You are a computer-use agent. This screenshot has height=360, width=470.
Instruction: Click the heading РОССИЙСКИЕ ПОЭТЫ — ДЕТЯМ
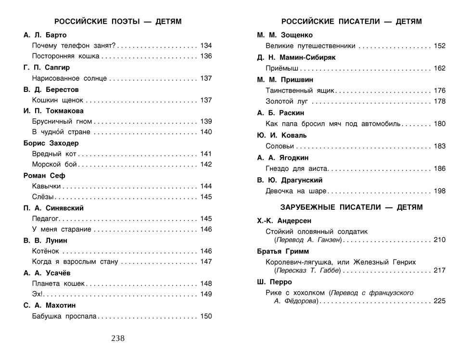pos(118,22)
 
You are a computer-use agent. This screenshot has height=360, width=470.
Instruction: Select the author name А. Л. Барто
pos(45,35)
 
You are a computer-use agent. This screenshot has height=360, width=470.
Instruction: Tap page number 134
pos(206,46)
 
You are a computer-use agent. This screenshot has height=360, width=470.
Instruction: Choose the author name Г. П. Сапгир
pos(47,67)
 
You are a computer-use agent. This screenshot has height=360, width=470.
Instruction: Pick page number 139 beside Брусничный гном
pos(206,121)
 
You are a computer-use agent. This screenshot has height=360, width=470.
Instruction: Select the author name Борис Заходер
pos(51,143)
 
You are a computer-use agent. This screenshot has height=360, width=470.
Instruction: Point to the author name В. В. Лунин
pos(45,240)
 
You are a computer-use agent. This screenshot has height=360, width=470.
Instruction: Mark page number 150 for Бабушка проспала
pos(206,316)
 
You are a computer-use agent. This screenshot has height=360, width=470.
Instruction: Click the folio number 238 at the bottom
pos(118,338)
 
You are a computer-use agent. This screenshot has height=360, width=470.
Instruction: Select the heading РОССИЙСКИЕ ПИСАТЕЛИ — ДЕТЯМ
pos(352,22)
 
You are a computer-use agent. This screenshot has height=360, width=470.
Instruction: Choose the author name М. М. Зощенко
pos(285,35)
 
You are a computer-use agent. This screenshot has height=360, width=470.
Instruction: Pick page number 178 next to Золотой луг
pos(440,102)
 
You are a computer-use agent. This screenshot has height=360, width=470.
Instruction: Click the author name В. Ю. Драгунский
pos(290,180)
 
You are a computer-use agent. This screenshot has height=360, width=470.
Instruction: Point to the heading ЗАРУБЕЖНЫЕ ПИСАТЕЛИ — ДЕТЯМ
pos(352,207)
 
